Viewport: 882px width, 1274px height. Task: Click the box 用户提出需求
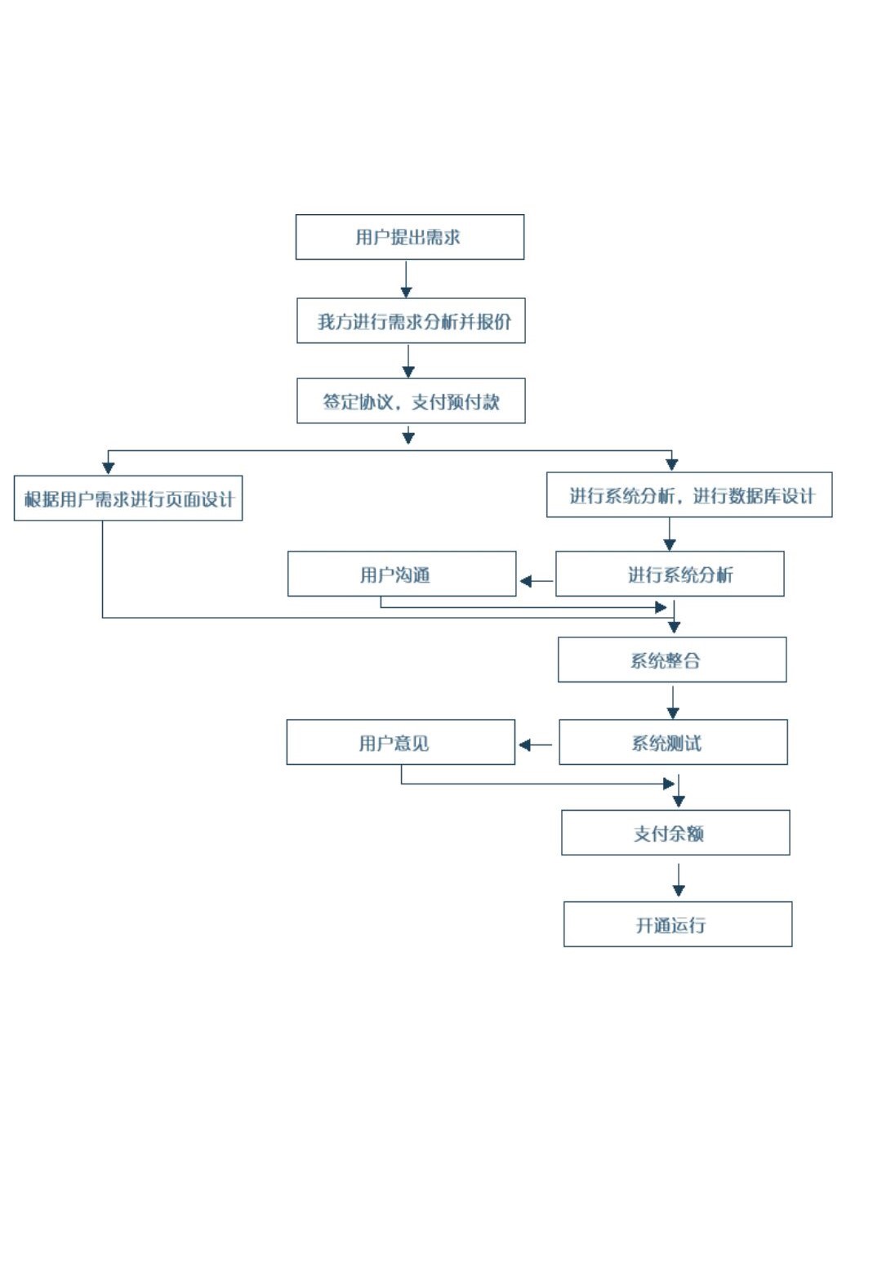[409, 237]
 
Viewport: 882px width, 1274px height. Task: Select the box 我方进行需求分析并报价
[411, 321]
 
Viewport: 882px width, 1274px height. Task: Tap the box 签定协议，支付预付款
[411, 401]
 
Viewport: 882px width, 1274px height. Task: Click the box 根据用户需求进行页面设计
[128, 498]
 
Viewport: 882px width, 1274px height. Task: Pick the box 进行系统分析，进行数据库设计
[689, 495]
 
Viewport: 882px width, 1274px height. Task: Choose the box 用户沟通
[402, 574]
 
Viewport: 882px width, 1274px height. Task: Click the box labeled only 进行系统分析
[670, 574]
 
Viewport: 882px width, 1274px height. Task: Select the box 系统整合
[672, 660]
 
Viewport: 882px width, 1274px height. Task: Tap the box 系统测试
[673, 743]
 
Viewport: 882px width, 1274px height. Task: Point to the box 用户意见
[400, 743]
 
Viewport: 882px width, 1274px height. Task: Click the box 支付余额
[675, 834]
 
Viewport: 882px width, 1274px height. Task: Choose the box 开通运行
[678, 925]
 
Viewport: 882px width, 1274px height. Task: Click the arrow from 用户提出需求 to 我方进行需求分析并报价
[406, 279]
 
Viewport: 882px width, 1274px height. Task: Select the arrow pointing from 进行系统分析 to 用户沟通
[536, 581]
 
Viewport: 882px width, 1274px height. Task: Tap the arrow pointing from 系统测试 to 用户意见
[536, 744]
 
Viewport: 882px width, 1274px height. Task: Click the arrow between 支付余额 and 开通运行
[678, 879]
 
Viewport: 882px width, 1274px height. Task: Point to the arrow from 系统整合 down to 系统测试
[673, 702]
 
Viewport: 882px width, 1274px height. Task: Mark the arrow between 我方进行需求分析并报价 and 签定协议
[408, 361]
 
